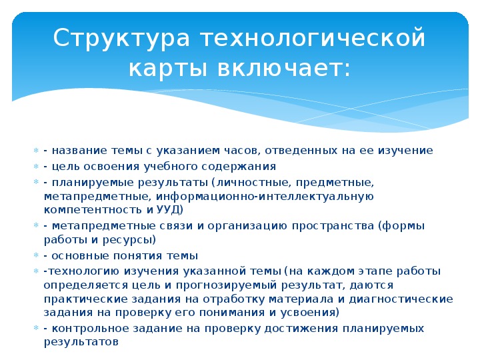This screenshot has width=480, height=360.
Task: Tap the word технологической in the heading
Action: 313,38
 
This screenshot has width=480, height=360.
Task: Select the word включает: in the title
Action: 284,67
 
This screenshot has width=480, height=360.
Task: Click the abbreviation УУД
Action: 169,210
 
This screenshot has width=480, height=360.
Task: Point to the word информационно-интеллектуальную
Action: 265,196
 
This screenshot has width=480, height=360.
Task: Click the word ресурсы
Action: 127,240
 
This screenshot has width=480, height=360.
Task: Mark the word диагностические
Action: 401,299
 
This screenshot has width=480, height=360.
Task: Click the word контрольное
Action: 91,329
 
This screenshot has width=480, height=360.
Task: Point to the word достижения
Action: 301,329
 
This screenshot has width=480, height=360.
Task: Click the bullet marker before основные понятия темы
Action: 36,255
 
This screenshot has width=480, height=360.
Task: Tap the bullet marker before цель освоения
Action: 36,166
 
